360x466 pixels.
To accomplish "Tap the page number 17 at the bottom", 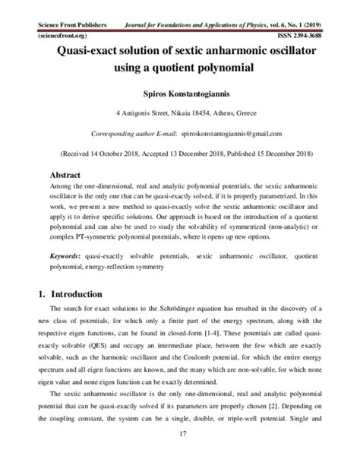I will pos(181,455).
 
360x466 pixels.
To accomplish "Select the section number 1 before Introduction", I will pos(41,293).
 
